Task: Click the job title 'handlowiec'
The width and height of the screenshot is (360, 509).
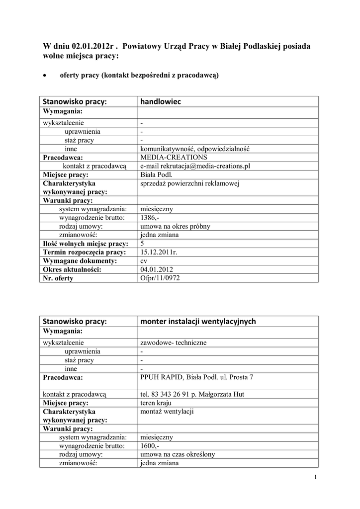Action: [x=161, y=102]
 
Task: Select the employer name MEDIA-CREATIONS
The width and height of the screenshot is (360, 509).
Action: [x=170, y=157]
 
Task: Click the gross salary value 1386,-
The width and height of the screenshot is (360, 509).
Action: [x=150, y=218]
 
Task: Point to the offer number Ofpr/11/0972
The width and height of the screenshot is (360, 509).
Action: [x=160, y=278]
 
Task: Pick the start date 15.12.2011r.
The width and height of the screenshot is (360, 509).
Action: [x=159, y=252]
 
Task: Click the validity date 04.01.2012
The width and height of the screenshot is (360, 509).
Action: [x=157, y=269]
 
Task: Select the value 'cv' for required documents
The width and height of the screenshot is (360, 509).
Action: [x=144, y=260]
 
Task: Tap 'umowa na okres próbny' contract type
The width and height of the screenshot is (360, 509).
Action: [x=176, y=226]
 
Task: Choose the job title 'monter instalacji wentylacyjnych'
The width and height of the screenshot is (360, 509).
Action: [x=198, y=322]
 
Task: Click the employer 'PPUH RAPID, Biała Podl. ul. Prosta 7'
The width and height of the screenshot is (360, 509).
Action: [x=196, y=377]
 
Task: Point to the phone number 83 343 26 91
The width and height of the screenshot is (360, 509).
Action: [x=173, y=395]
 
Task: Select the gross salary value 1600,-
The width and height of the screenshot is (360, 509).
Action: [x=150, y=446]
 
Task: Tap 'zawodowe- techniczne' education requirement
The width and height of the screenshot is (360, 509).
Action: [x=174, y=342]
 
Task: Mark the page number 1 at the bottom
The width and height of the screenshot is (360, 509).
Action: [x=315, y=478]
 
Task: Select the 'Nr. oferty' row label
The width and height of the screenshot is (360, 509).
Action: [x=58, y=278]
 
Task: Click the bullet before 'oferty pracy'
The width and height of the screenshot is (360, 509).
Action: [x=45, y=76]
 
